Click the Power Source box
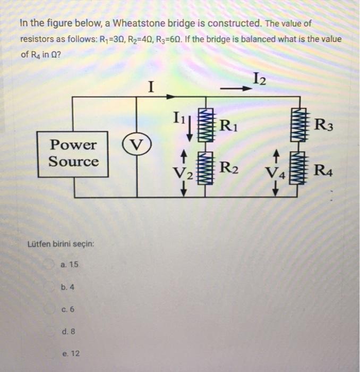[x=74, y=153]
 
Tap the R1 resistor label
[x=229, y=126]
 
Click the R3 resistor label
[x=324, y=126]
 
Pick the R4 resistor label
[x=324, y=171]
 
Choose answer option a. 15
[x=70, y=264]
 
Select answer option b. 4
[x=67, y=287]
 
